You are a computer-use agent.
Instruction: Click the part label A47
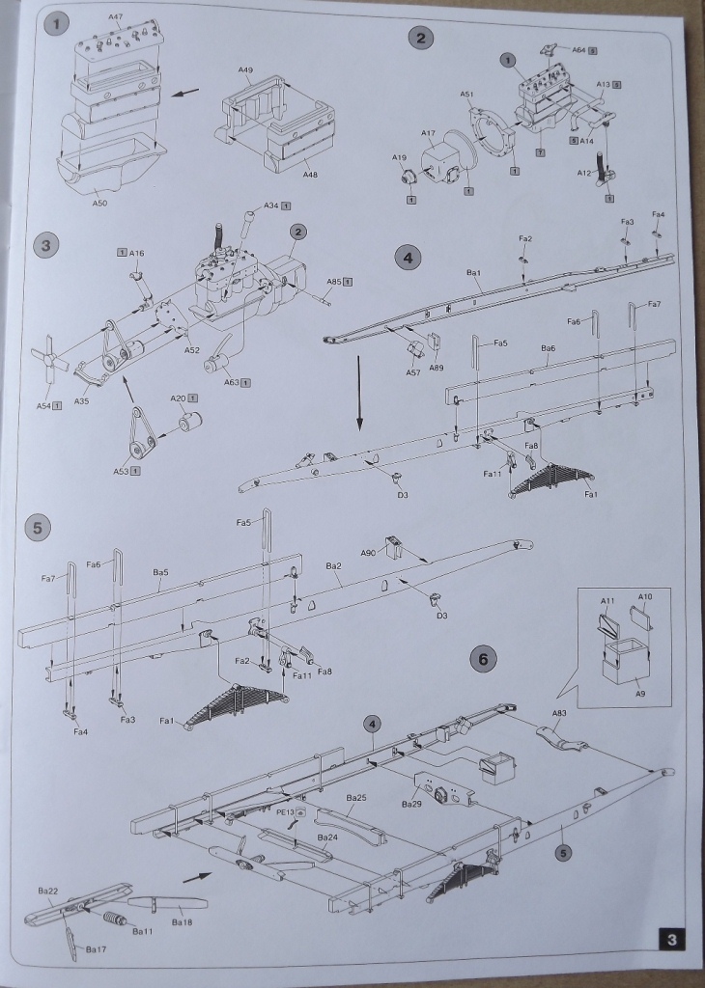pyautogui.click(x=115, y=16)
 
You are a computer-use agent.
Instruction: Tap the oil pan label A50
pyautogui.click(x=100, y=205)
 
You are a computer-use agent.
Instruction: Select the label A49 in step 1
pyautogui.click(x=245, y=70)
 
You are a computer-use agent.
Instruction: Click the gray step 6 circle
pyautogui.click(x=484, y=659)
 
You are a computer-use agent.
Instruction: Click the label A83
pyautogui.click(x=559, y=713)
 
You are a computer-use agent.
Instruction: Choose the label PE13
pyautogui.click(x=285, y=812)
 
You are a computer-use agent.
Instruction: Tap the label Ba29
pyautogui.click(x=411, y=804)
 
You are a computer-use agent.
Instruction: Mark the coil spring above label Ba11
pyautogui.click(x=113, y=917)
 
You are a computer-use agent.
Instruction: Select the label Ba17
pyautogui.click(x=96, y=949)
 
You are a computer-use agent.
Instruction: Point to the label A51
pyautogui.click(x=467, y=95)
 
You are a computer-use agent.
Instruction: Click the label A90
pyautogui.click(x=368, y=552)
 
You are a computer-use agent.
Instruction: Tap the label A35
pyautogui.click(x=81, y=400)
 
